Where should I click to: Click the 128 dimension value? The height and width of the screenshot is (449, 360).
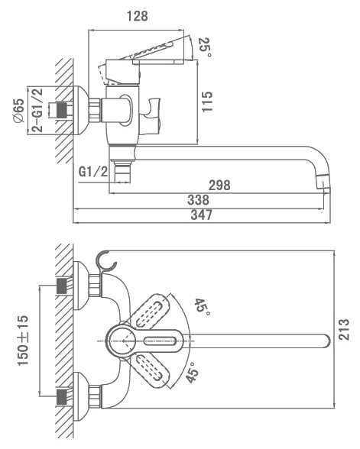pos(138,16)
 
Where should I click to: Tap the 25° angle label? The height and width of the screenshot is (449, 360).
pos(205,47)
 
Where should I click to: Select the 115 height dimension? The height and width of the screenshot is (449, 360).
pos(206,102)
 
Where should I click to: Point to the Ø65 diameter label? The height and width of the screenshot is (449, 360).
pos(18,111)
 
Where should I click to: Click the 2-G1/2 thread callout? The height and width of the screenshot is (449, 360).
pos(37,110)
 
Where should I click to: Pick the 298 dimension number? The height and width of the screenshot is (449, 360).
pos(219,186)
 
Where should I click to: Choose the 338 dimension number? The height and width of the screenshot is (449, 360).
pos(199,200)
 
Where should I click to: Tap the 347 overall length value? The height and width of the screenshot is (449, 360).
pos(202,215)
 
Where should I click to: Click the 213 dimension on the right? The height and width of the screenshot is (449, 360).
pos(344,329)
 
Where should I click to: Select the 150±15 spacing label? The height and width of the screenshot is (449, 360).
pos(23,341)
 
